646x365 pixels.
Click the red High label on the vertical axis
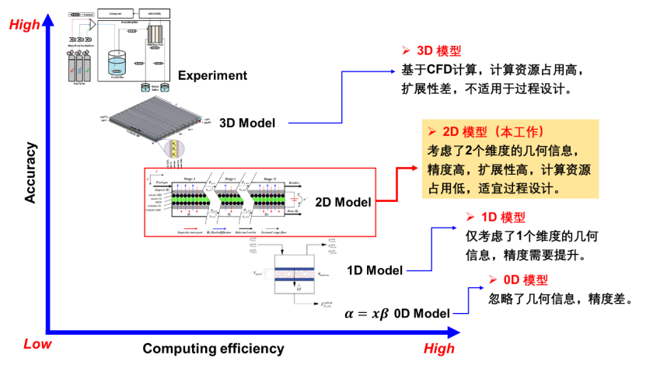pos(24,25)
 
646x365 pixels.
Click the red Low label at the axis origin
pos(37,343)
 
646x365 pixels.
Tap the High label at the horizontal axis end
pos(439,348)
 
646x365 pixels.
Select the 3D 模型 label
pos(438,51)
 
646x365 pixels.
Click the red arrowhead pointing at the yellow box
pos(413,167)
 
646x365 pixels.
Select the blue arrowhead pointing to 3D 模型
pos(393,71)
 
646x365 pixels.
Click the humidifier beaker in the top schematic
pos(117,64)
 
